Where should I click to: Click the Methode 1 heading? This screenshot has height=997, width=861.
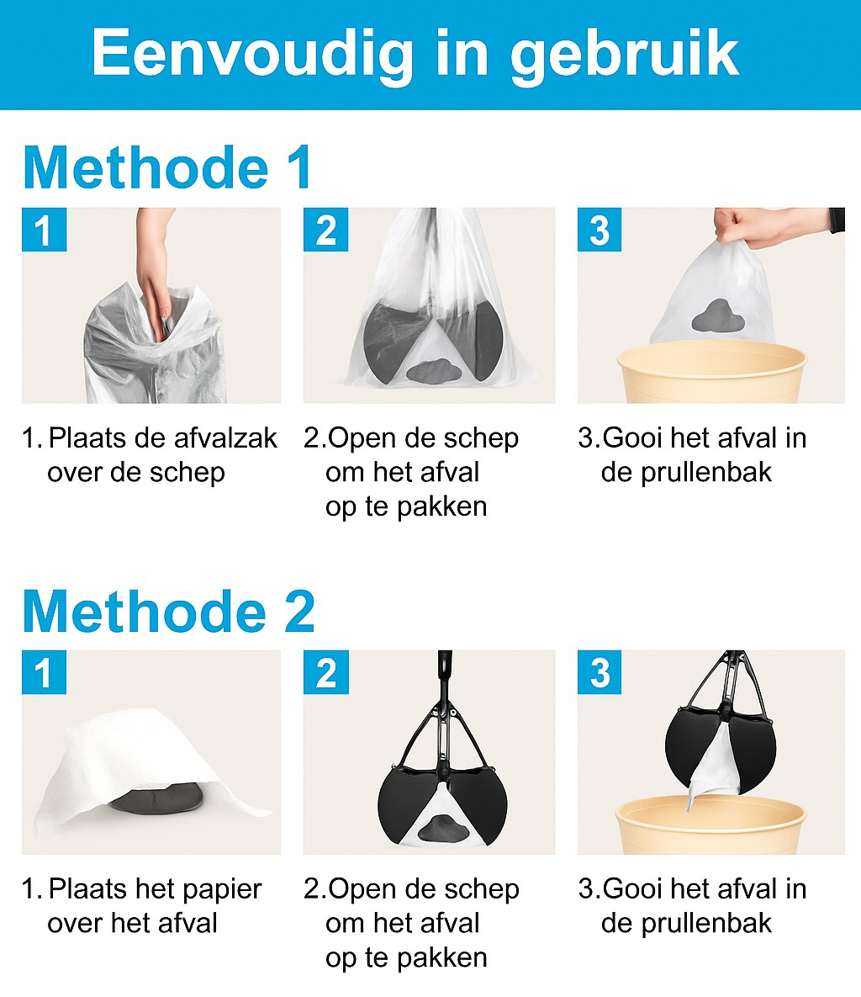click(x=167, y=167)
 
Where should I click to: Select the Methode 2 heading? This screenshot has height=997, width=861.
click(x=169, y=611)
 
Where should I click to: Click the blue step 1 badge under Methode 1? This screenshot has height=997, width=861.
click(x=44, y=230)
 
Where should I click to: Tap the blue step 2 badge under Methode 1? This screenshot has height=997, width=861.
click(x=325, y=230)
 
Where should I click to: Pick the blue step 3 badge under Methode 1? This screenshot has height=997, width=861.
click(x=600, y=230)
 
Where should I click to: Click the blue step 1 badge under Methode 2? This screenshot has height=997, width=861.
click(x=44, y=672)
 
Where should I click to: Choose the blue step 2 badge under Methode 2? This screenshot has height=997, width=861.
click(x=325, y=672)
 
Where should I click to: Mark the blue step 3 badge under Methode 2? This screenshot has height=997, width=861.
click(x=600, y=672)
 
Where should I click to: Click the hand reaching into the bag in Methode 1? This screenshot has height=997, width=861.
click(x=154, y=267)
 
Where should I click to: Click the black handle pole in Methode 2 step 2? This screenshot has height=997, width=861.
click(x=445, y=674)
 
